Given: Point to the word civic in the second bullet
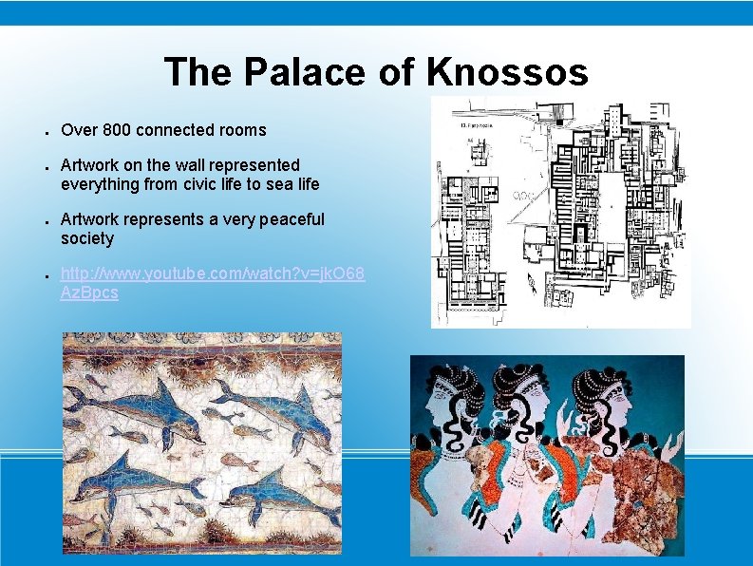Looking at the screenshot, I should pos(186,183).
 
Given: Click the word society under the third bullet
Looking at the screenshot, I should pos(86,238).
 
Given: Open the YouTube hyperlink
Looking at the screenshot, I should pos(211,274).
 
